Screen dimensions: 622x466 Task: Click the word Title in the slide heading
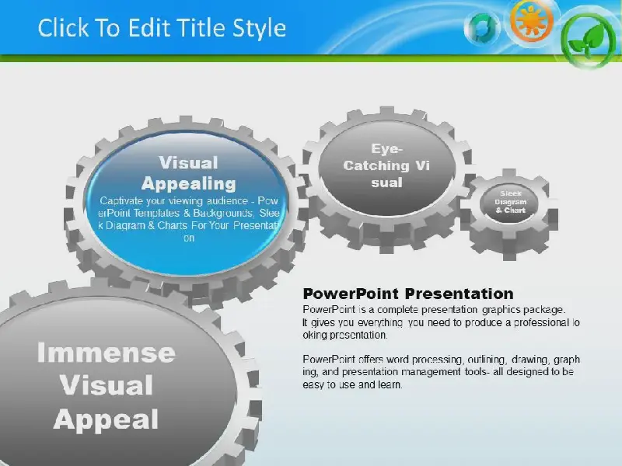tap(201, 28)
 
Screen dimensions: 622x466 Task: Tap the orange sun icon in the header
tap(532, 20)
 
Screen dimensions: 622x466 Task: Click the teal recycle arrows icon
tap(482, 28)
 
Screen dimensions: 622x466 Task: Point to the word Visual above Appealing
tap(188, 162)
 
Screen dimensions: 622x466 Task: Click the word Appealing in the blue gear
tap(189, 183)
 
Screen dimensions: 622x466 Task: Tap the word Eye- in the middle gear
tap(386, 148)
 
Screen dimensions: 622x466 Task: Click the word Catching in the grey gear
tap(376, 165)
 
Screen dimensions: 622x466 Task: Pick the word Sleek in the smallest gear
tap(511, 193)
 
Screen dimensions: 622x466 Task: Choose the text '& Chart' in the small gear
tap(511, 210)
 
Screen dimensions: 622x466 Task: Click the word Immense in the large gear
tap(107, 353)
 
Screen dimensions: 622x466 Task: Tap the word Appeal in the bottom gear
tap(106, 420)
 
